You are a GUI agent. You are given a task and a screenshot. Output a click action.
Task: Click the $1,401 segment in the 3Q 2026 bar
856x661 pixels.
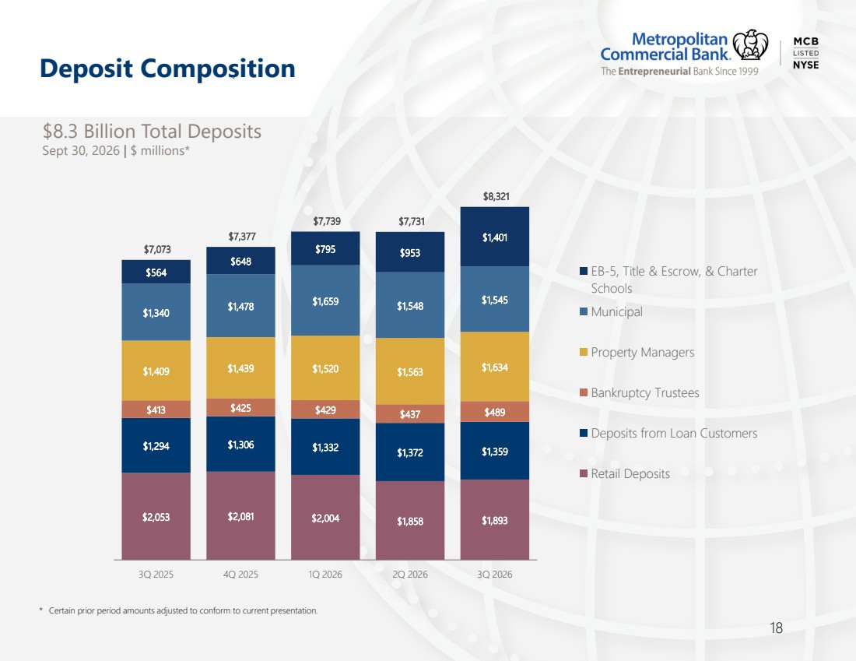click(x=495, y=237)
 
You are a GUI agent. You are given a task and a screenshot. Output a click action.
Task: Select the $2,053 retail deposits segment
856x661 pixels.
click(x=156, y=516)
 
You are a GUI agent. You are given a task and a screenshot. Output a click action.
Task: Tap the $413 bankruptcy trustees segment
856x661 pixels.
click(x=156, y=410)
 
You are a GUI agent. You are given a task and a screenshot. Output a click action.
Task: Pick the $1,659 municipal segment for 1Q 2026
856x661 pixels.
click(x=325, y=301)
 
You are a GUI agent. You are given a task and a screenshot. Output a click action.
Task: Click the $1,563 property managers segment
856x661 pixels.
click(x=410, y=371)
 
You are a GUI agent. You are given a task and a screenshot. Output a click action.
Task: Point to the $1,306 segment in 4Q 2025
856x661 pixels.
click(x=240, y=444)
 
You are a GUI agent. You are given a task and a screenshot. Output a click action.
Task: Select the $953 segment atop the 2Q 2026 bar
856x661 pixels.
click(x=410, y=252)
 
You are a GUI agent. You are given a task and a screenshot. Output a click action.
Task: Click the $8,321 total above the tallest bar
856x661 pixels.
click(x=496, y=196)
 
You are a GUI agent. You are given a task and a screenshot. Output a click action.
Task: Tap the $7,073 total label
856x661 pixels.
click(x=157, y=249)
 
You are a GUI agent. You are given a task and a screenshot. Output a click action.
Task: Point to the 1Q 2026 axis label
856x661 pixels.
click(x=325, y=574)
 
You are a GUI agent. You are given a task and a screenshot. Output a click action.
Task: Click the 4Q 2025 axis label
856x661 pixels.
click(x=240, y=574)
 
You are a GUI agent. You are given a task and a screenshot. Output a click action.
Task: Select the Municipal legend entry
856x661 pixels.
click(x=612, y=312)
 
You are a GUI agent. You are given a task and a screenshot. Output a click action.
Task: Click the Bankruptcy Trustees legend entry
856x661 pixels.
click(x=639, y=392)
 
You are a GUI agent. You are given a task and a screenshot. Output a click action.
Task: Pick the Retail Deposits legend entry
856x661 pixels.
click(x=625, y=473)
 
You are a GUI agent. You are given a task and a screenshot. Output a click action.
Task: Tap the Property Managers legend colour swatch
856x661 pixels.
click(x=584, y=352)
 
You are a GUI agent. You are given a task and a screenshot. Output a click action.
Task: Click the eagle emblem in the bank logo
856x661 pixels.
click(x=750, y=45)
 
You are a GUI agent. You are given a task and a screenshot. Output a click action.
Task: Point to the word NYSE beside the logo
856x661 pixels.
click(x=805, y=65)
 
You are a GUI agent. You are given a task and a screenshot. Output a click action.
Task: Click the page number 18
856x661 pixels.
click(x=777, y=628)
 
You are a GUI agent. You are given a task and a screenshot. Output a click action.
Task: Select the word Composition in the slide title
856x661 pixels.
click(x=218, y=69)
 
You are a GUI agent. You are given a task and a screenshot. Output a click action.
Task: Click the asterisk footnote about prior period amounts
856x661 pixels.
click(x=178, y=610)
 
